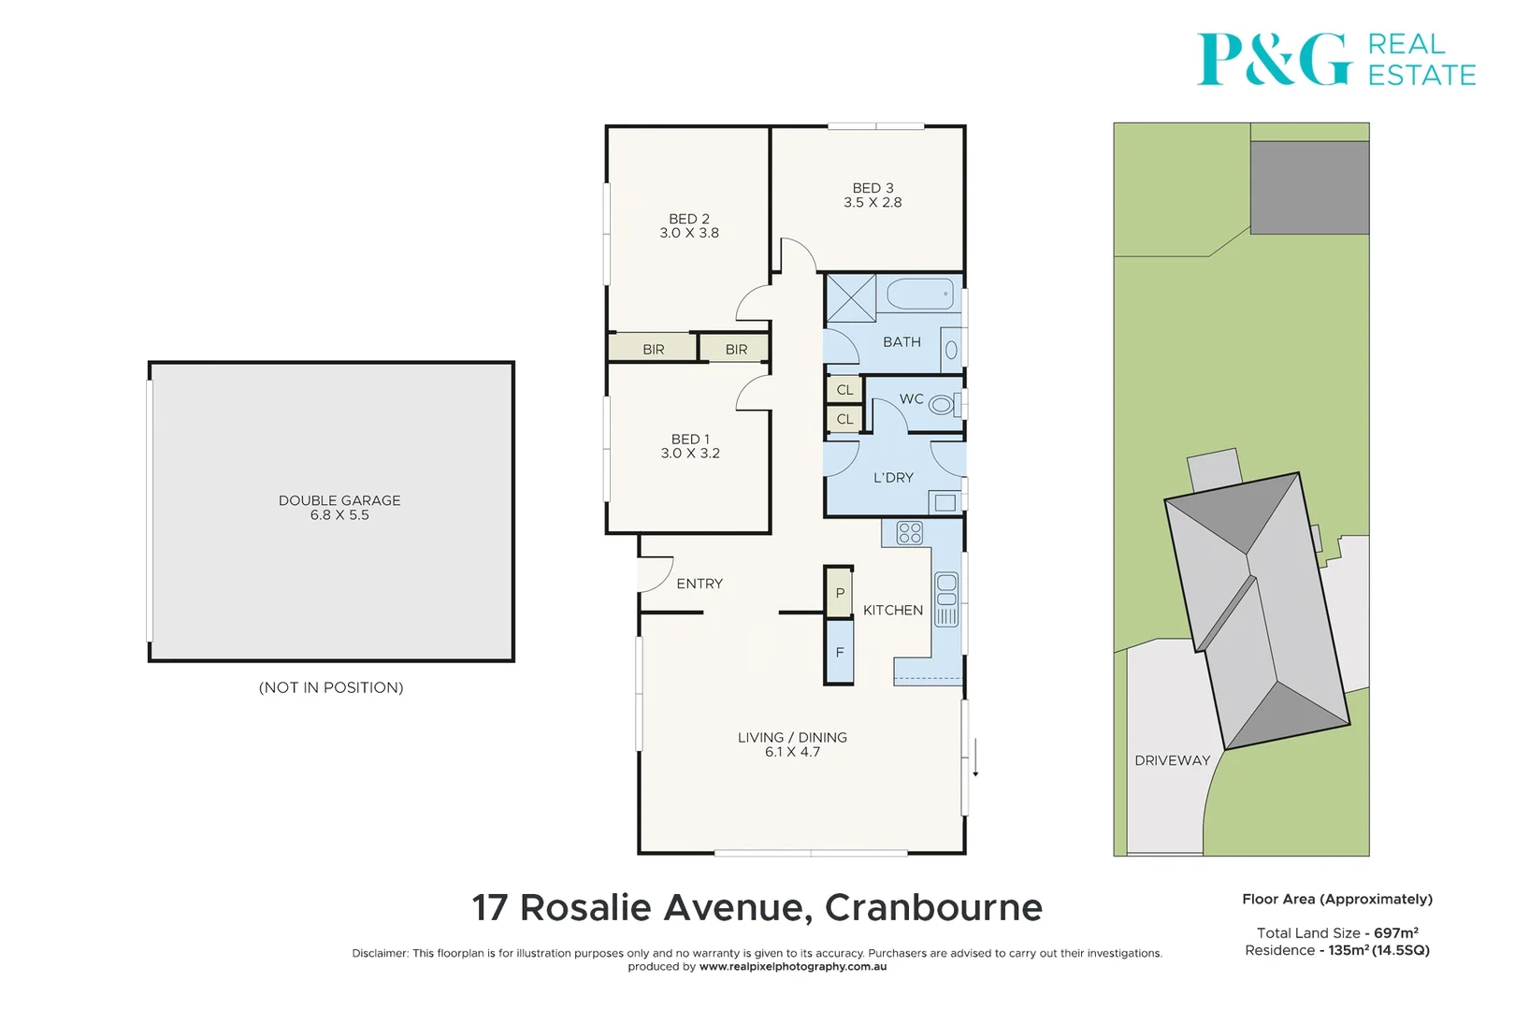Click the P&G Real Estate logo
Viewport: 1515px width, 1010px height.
1335,60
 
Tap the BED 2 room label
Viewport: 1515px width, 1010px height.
689,219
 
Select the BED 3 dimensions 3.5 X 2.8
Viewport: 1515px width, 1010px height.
873,203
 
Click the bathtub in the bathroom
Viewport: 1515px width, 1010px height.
920,295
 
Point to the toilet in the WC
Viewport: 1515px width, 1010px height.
941,404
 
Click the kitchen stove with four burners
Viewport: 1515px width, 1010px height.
909,533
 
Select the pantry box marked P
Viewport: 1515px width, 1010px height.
840,593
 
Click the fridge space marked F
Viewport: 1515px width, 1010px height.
840,652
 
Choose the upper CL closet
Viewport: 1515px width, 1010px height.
844,390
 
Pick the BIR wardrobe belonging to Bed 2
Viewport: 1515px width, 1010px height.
653,349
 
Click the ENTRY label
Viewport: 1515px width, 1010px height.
700,584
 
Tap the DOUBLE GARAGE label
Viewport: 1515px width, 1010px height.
339,500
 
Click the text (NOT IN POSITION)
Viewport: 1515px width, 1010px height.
331,687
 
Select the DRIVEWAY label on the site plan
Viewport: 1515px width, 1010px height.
1172,760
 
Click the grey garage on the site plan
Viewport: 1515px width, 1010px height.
1309,187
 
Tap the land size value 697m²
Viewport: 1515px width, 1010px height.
1395,932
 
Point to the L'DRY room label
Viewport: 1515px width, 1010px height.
893,478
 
